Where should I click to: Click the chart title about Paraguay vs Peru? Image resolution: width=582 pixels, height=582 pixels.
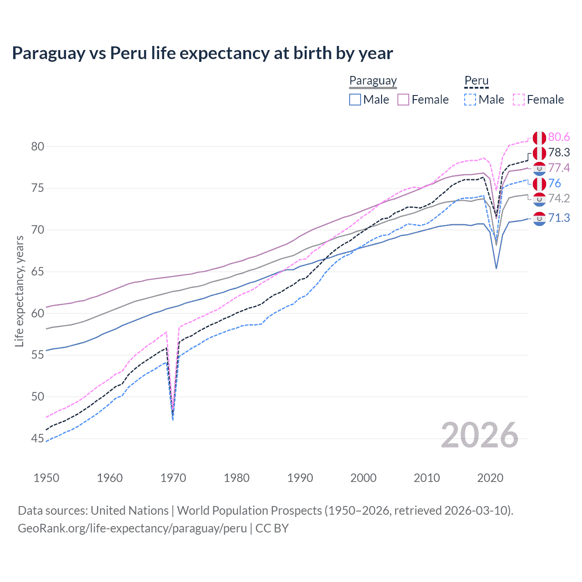tap(202, 53)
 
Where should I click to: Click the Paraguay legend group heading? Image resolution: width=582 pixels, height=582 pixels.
tap(373, 80)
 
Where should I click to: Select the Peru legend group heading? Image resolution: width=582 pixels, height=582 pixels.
tap(476, 80)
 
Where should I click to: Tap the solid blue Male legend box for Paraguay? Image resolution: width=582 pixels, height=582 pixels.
tap(355, 100)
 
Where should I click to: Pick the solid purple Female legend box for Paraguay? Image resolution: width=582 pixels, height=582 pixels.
tap(403, 100)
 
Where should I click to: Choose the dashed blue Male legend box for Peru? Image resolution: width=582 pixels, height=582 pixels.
tap(470, 100)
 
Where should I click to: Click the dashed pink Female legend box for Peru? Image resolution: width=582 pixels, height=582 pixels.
tap(519, 100)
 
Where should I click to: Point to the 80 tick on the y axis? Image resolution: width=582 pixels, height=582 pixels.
tap(38, 146)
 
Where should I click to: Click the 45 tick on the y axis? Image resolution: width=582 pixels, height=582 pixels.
tap(38, 439)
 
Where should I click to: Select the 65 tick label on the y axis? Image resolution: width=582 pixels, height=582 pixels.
tap(38, 272)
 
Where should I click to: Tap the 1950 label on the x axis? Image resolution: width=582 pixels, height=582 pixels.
tap(46, 478)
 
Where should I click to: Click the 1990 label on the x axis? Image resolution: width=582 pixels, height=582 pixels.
tap(300, 478)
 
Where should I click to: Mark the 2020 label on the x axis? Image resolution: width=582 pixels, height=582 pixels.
tap(490, 478)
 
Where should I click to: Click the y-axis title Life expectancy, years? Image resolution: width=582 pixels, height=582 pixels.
tap(19, 291)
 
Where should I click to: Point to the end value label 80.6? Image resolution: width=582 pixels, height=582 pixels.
tap(559, 137)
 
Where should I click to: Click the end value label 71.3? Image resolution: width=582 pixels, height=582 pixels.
tap(559, 218)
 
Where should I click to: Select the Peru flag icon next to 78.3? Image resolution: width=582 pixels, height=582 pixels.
tap(539, 153)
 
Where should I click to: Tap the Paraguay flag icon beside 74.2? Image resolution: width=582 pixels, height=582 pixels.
tap(539, 199)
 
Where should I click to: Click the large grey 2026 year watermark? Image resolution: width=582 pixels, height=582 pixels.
tap(479, 435)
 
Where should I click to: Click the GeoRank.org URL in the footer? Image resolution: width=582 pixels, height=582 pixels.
tap(132, 528)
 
